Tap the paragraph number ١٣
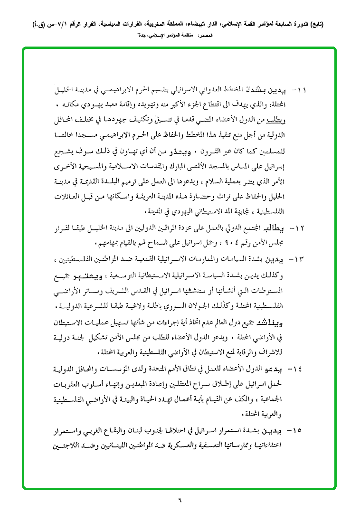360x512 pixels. pyautogui.click(x=303, y=259)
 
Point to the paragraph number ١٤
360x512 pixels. pyautogui.click(x=303, y=370)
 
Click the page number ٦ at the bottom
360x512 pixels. pyautogui.click(x=180, y=499)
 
